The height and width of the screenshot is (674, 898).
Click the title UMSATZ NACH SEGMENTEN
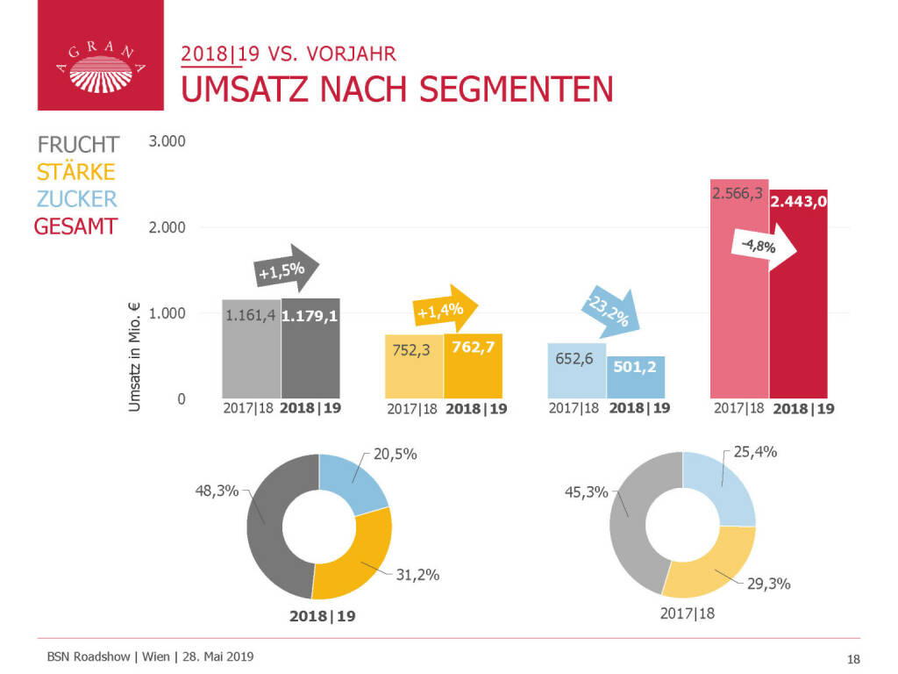pyautogui.click(x=396, y=90)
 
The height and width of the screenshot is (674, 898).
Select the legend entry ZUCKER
pyautogui.click(x=77, y=198)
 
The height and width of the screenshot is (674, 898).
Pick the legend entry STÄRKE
pyautogui.click(x=75, y=172)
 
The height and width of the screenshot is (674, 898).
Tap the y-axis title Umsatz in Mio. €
pyautogui.click(x=135, y=354)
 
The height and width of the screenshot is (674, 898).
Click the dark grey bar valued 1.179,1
pyautogui.click(x=310, y=360)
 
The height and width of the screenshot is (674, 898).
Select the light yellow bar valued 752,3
pyautogui.click(x=414, y=373)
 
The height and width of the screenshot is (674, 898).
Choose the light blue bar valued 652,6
pyautogui.click(x=576, y=377)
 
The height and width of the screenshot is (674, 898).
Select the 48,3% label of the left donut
pyautogui.click(x=216, y=491)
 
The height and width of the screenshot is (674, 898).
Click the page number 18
pyautogui.click(x=852, y=658)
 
